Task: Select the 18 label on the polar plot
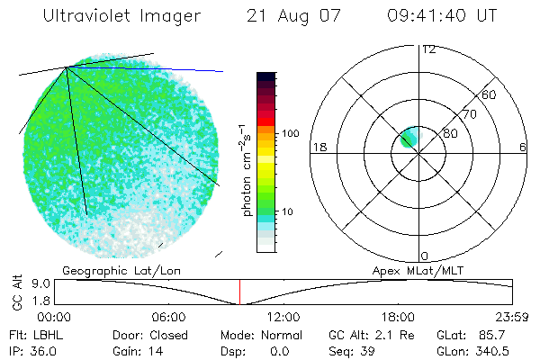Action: point(318,147)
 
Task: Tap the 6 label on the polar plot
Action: point(523,147)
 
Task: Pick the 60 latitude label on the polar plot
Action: point(489,94)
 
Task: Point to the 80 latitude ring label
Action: point(449,133)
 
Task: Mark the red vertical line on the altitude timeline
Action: point(239,292)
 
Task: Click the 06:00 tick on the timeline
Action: point(168,317)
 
